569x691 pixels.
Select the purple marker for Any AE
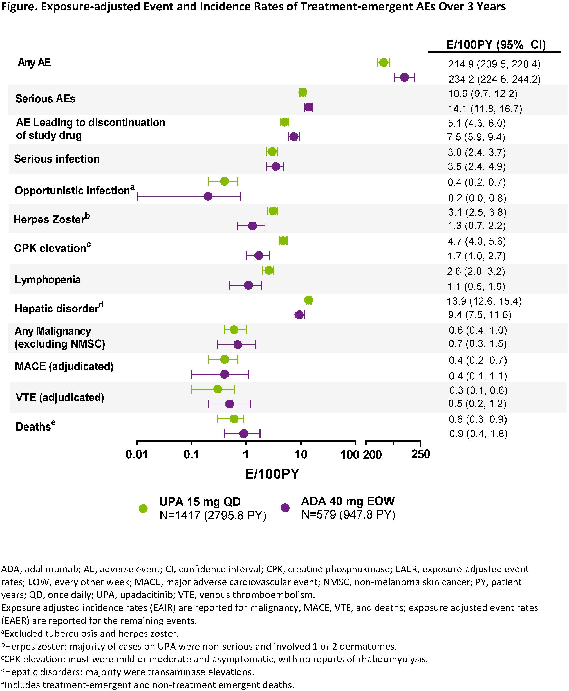click(x=404, y=78)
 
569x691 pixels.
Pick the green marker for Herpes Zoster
click(x=273, y=211)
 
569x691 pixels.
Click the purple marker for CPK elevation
click(x=259, y=256)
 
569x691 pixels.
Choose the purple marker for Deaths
click(x=243, y=434)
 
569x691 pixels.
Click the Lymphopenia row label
click(x=48, y=280)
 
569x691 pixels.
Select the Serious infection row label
click(x=57, y=159)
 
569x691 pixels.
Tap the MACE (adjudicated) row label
click(x=64, y=366)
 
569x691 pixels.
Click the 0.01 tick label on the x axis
click(x=137, y=454)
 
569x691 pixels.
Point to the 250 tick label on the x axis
click(x=420, y=454)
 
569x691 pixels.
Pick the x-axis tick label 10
click(x=301, y=454)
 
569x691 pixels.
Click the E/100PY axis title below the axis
click(x=272, y=474)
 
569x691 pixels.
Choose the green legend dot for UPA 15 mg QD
click(x=143, y=508)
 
